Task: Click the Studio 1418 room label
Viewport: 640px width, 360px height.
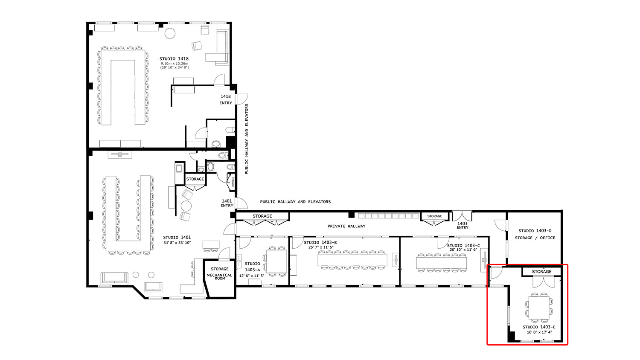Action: point(174,59)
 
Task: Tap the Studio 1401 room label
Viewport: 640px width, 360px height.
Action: point(177,238)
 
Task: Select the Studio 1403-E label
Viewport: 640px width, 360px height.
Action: point(539,327)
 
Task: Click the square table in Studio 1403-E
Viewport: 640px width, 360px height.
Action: point(539,307)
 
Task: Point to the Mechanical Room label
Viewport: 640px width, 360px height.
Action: point(220,277)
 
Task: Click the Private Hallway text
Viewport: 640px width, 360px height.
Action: point(346,226)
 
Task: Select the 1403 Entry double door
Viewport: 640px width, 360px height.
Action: point(462,216)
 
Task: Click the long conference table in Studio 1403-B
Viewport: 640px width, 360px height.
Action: point(352,260)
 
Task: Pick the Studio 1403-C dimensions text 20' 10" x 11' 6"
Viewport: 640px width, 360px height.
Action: point(463,250)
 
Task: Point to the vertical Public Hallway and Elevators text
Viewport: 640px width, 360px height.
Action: point(247,139)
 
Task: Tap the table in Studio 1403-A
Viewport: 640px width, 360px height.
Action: point(277,261)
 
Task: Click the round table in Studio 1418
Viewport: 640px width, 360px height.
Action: point(170,33)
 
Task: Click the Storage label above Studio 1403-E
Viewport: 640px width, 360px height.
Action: point(541,272)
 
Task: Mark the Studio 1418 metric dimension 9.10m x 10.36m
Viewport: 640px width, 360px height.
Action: point(174,64)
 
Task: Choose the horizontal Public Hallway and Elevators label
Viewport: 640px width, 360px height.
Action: point(295,202)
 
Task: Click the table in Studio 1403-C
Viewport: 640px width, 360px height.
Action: point(441,262)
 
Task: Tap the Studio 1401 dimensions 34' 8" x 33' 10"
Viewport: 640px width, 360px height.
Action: point(177,243)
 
